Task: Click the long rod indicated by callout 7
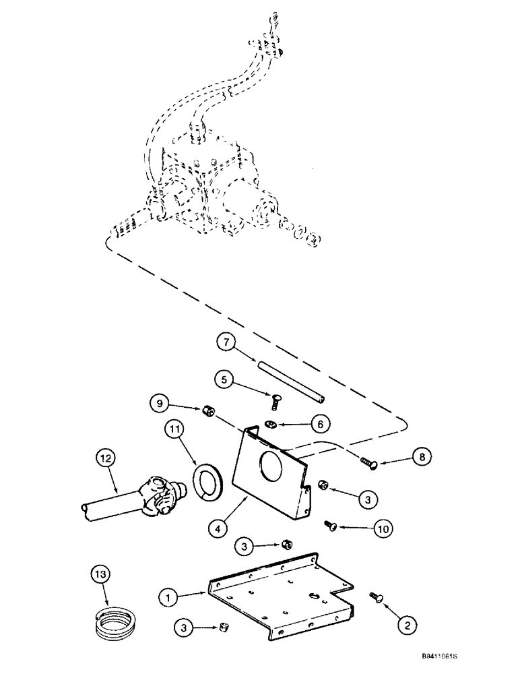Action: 290,380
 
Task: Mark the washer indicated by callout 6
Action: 270,423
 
